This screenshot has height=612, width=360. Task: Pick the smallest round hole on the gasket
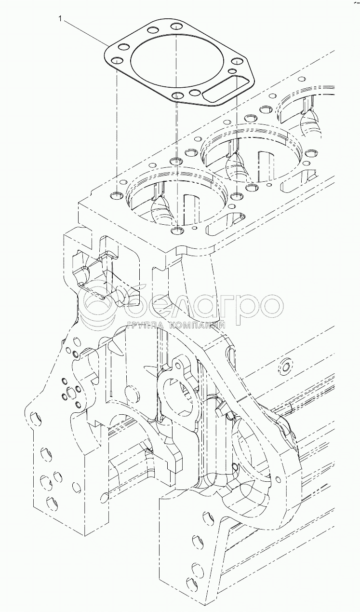point(195,92)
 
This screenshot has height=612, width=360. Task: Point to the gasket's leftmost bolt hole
point(116,61)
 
